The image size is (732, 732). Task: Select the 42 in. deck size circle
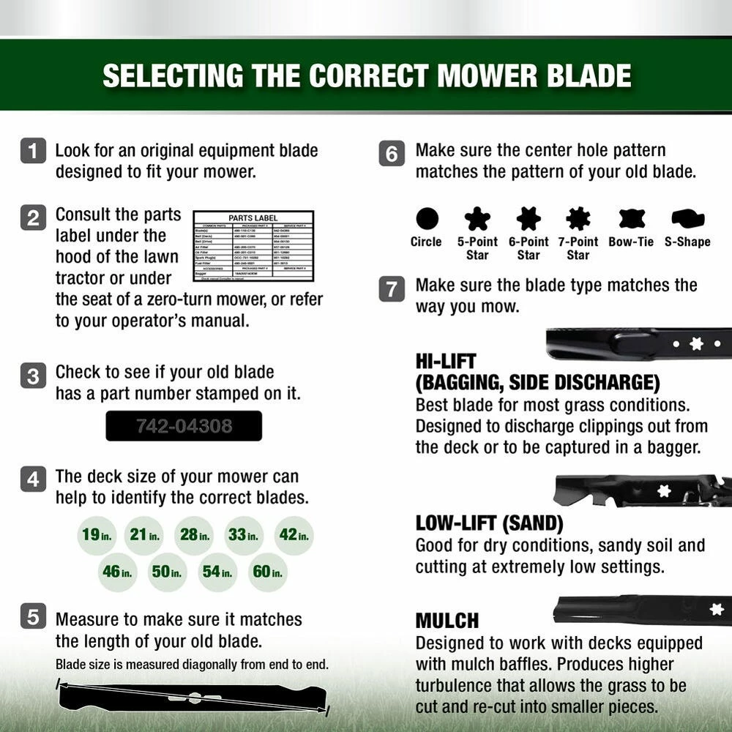(x=294, y=535)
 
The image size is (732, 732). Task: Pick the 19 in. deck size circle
(x=97, y=535)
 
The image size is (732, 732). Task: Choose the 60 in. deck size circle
(x=268, y=572)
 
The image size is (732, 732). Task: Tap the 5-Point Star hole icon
(x=477, y=218)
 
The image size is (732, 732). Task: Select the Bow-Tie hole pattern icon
(x=631, y=218)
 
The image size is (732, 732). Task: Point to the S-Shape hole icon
(x=687, y=218)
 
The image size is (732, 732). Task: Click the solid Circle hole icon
(x=427, y=218)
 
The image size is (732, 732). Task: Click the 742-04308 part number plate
(x=184, y=425)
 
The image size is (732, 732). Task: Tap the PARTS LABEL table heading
(x=253, y=217)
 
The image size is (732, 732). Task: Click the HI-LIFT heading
(x=446, y=361)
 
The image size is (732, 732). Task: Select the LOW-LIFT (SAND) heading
(x=490, y=523)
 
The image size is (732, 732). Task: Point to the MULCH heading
(x=447, y=621)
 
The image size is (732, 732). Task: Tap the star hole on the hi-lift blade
(x=696, y=343)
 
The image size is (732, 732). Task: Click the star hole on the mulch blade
(x=717, y=609)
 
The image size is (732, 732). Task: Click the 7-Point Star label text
(x=578, y=248)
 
